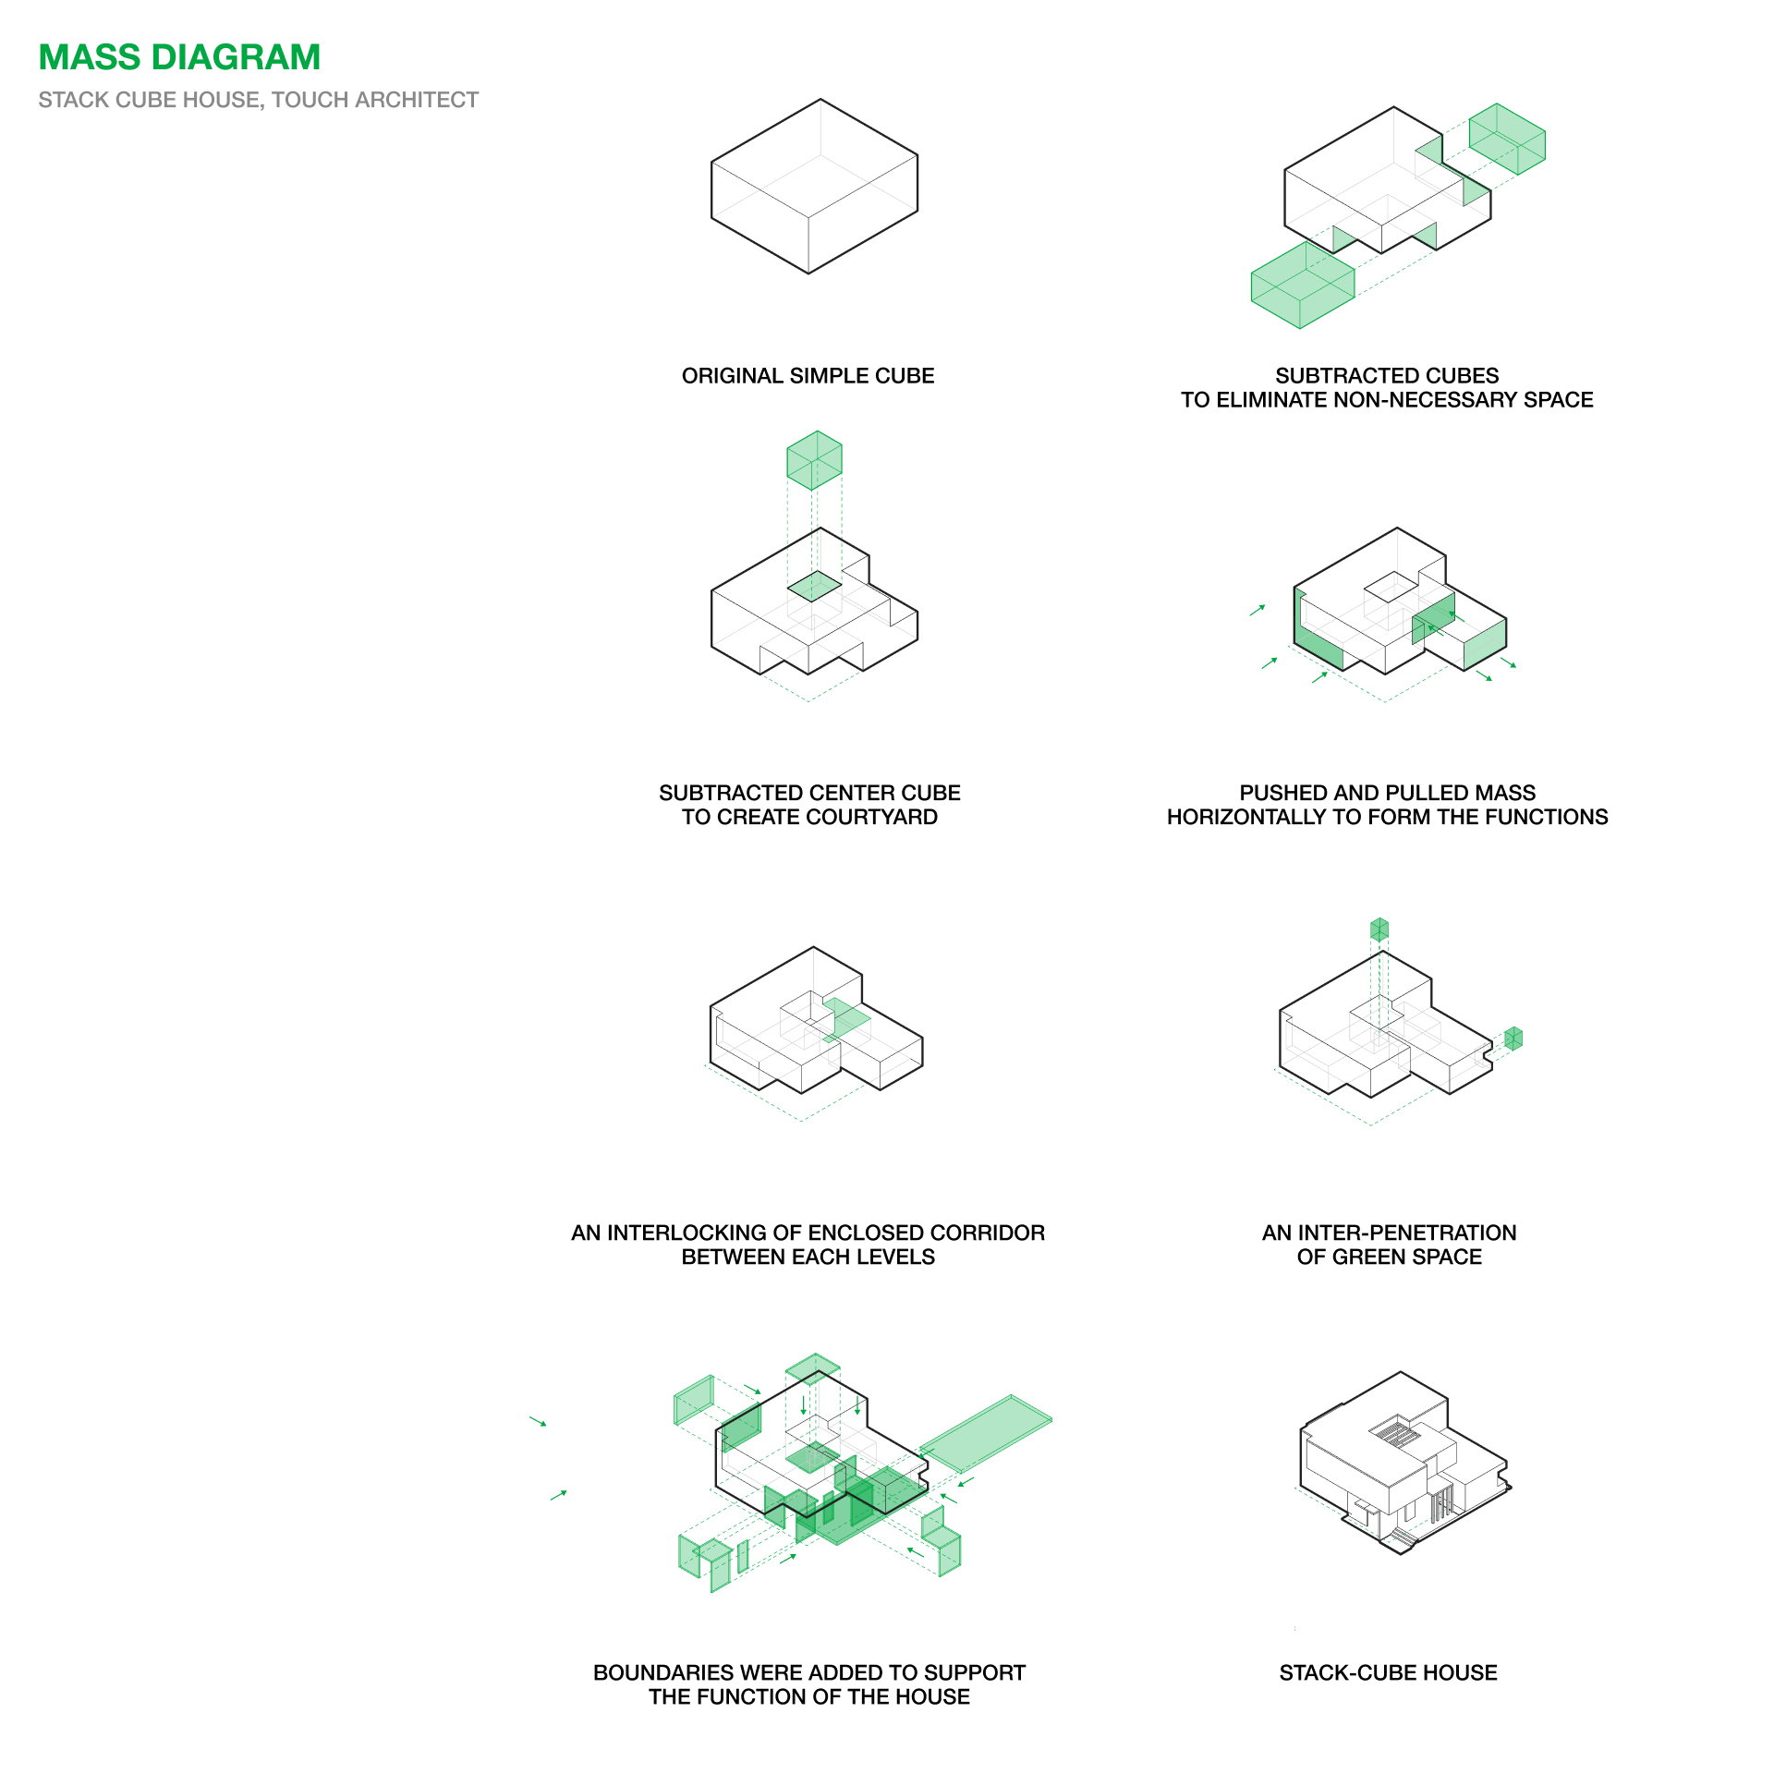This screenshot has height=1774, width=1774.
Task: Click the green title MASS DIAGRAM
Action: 179,57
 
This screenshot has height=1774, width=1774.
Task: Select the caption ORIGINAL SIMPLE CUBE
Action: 808,376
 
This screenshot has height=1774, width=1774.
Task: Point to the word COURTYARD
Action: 872,817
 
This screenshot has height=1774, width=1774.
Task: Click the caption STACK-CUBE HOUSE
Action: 1388,1672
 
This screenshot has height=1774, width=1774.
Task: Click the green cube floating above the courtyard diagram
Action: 814,460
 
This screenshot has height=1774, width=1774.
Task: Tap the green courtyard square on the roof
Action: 814,586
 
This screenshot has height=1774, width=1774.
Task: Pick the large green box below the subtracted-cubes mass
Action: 1303,285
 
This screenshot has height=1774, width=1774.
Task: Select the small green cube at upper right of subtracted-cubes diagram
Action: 1507,139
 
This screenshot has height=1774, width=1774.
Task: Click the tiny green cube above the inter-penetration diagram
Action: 1379,930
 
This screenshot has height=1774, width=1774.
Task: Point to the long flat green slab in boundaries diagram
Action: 986,1433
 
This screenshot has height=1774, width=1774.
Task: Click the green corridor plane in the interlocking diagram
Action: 846,1019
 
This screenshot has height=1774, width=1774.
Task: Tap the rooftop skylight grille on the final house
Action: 1396,1435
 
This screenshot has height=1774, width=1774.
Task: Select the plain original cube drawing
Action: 814,187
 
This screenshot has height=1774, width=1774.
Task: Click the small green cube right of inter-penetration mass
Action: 1513,1039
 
